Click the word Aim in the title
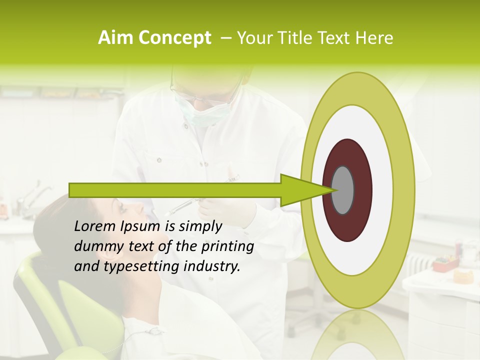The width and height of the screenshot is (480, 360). tap(115, 38)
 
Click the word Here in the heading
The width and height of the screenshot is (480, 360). tap(375, 38)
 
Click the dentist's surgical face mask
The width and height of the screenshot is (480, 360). tap(195, 112)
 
